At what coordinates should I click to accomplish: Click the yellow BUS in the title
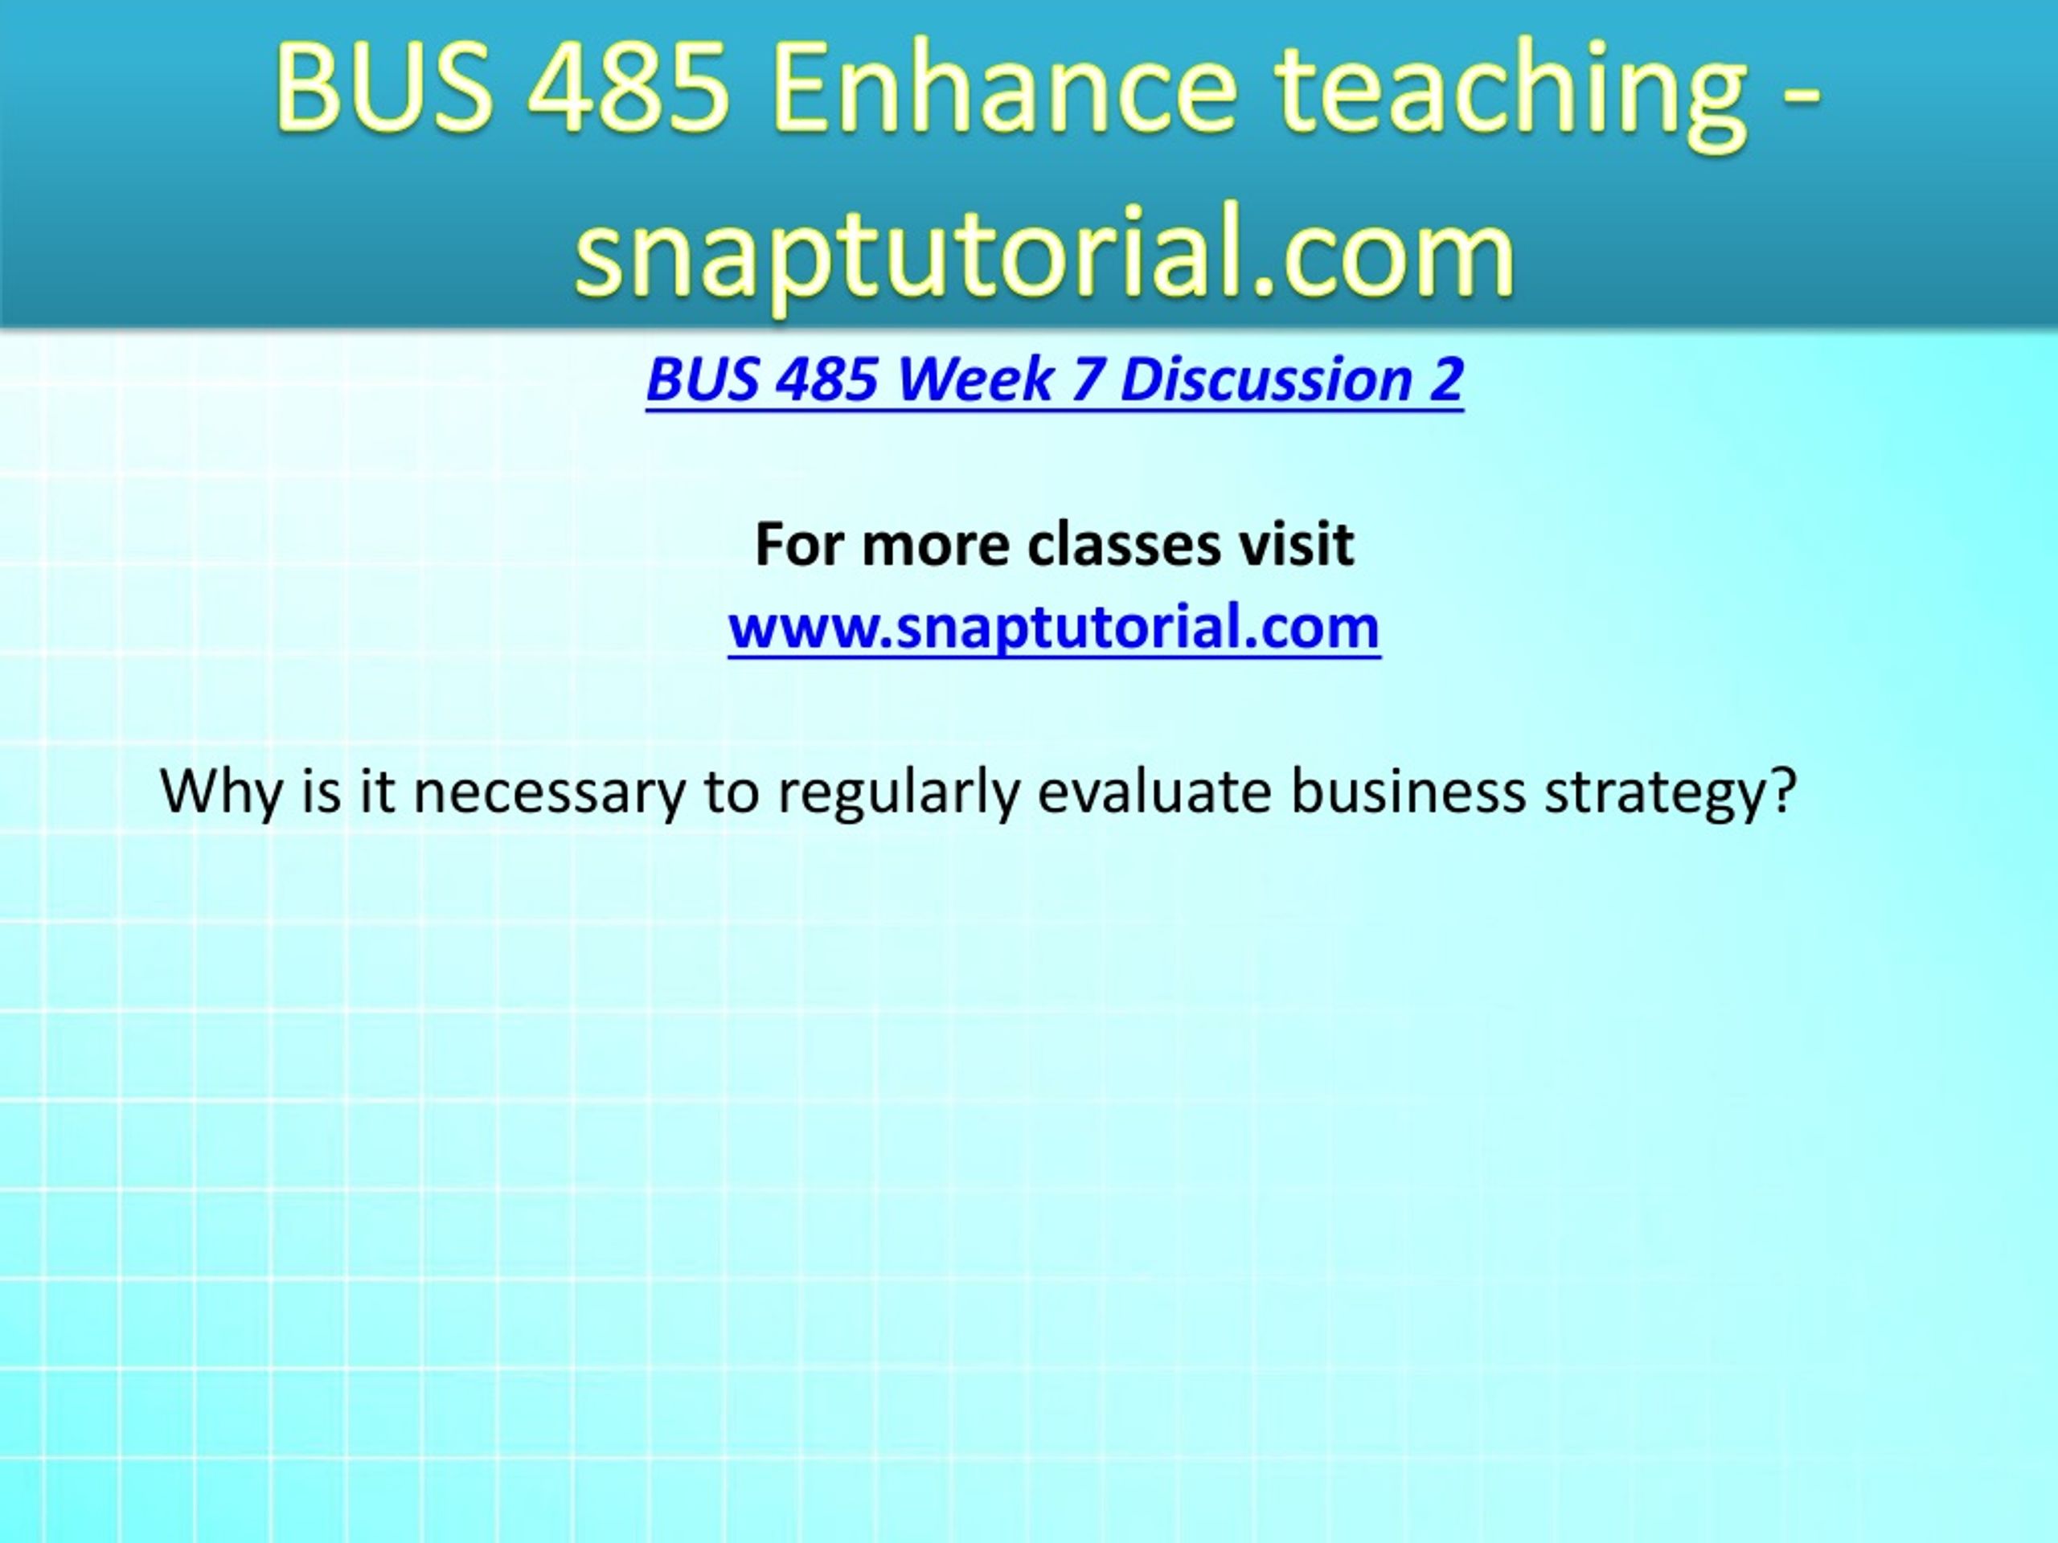click(383, 89)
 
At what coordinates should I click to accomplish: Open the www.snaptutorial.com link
click(1053, 627)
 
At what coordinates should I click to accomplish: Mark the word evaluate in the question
click(1154, 792)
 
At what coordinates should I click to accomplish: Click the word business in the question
click(1408, 790)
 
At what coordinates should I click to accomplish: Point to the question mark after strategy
click(1782, 790)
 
